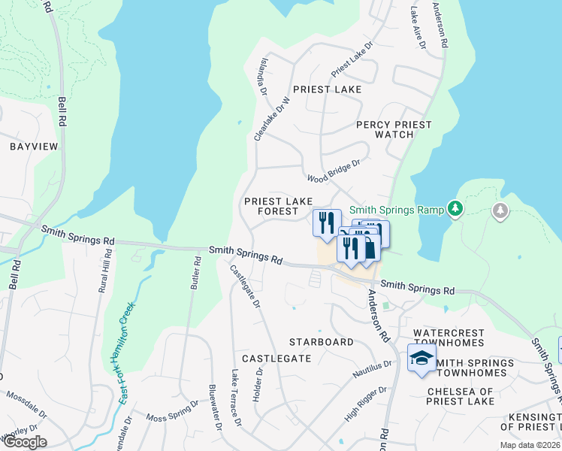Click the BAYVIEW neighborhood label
click(x=33, y=147)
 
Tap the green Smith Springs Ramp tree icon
click(x=454, y=208)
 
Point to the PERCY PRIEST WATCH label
click(x=394, y=129)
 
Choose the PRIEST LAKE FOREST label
click(x=278, y=207)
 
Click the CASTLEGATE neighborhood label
click(x=276, y=359)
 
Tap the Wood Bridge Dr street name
click(x=334, y=171)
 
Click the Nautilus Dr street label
click(x=373, y=368)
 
